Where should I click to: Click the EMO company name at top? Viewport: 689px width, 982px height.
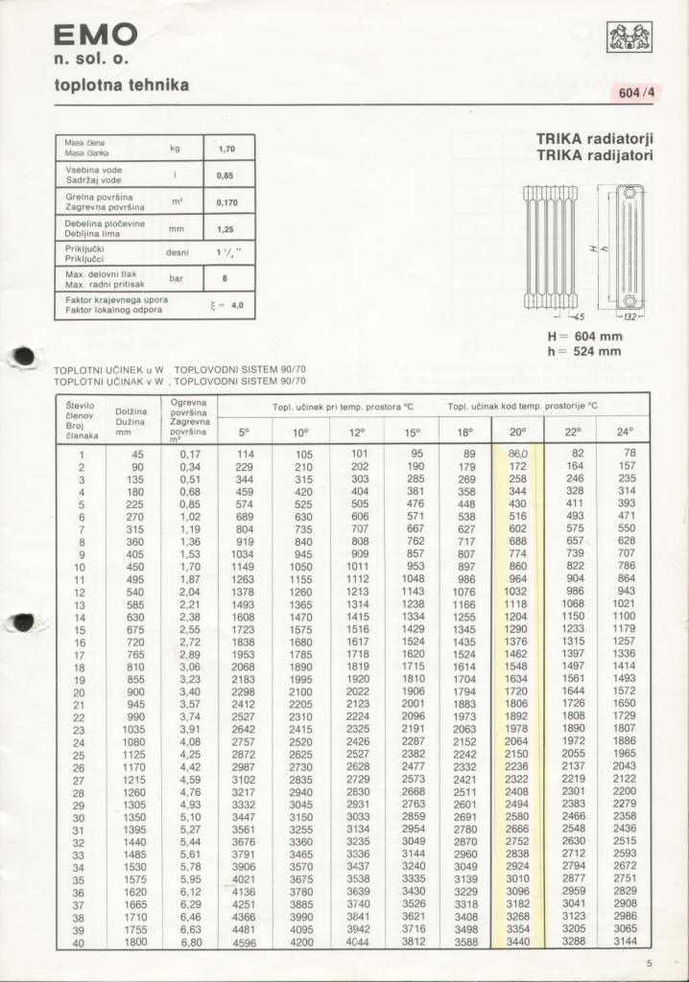point(95,36)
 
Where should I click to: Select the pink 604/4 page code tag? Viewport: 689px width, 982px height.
point(636,93)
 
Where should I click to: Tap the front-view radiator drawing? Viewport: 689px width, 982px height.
point(550,247)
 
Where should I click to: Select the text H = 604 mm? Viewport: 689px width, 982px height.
point(584,337)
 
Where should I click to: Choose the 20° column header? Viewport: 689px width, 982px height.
point(517,433)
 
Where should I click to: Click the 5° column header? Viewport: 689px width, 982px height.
point(245,433)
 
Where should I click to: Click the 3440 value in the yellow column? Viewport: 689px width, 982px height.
point(517,942)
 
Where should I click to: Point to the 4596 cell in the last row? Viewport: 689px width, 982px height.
point(245,943)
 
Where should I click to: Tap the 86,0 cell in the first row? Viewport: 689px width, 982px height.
point(517,454)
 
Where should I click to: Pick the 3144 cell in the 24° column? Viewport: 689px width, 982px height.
point(625,942)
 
